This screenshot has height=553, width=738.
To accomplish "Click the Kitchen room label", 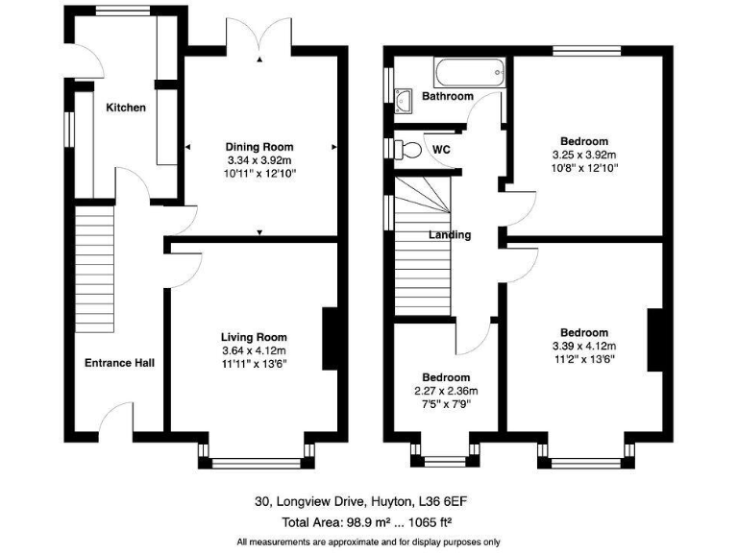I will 126,108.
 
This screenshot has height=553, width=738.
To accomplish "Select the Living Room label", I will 254,337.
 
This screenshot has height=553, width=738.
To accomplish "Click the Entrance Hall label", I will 120,362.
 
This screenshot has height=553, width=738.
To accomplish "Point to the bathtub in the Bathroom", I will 469,71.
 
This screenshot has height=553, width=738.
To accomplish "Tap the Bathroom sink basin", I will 406,97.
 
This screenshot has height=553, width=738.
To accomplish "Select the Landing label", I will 450,234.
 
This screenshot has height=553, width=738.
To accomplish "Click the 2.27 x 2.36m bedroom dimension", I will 447,391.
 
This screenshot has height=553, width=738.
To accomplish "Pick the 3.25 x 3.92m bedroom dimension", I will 584,155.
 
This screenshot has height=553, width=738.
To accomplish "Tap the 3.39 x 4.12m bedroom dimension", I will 584,347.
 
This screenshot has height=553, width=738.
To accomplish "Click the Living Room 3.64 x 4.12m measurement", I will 254,350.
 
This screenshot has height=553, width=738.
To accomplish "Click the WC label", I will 441,150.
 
